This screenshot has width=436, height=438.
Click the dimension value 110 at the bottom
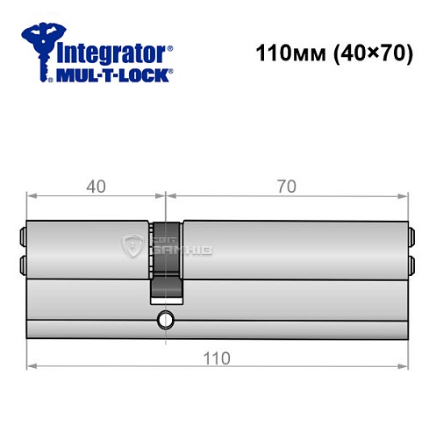[218, 357]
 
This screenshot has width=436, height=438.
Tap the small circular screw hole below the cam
[163, 321]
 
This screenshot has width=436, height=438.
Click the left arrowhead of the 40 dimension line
[31, 195]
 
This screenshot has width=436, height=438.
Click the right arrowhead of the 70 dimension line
[404, 195]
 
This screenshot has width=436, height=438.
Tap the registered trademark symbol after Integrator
[170, 47]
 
